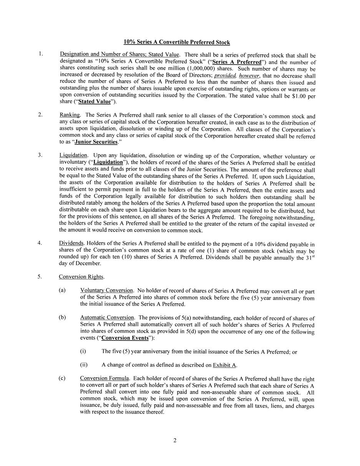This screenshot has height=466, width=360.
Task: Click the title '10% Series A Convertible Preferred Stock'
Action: pos(177,42)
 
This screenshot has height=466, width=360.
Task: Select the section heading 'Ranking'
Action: pos(70,115)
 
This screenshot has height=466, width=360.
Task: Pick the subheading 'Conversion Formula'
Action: pos(105,378)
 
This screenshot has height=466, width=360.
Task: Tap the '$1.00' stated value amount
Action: pos(300,96)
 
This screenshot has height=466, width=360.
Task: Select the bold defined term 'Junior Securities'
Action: pos(96,142)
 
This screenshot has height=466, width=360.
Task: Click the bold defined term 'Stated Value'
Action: pos(94,102)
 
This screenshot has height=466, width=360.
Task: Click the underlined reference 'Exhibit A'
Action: pos(224,365)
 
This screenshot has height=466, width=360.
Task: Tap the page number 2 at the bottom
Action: pos(175,440)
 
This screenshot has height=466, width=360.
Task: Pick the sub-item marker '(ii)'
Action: pos(84,365)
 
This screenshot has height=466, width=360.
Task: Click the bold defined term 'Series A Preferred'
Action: pos(237,62)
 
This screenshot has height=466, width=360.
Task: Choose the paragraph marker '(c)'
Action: pos(62,378)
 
